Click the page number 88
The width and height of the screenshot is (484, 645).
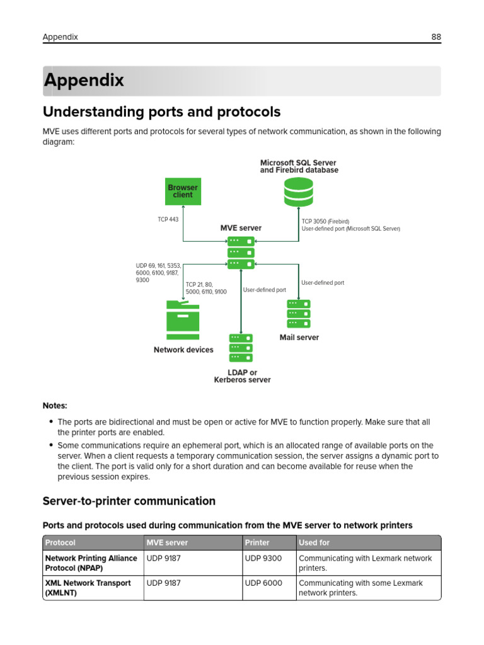coord(436,37)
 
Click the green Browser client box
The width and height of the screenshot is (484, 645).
coord(183,191)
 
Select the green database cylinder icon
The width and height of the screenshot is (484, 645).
coord(298,192)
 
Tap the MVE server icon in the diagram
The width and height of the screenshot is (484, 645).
coord(241,253)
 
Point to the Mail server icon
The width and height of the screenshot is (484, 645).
coord(299,313)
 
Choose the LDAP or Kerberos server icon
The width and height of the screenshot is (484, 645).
coord(241,346)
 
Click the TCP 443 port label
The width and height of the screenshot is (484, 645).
coord(168,220)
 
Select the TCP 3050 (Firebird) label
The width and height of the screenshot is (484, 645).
coord(325,222)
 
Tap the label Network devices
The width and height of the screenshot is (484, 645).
coord(183,350)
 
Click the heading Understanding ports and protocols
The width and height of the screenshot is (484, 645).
coord(161,112)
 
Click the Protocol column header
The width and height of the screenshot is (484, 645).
coord(60,542)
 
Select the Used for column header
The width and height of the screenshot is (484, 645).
coord(314,542)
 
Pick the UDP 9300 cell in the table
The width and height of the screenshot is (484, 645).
coord(263,558)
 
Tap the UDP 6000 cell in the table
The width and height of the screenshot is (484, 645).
coord(263,583)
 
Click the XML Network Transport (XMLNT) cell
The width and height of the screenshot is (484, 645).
coord(88,588)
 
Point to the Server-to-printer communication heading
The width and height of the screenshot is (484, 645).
coord(129,501)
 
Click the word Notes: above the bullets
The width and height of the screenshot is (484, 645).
coord(55,406)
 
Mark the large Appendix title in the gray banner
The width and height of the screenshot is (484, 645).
coord(84,81)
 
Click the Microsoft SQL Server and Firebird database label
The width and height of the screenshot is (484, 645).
coord(299,166)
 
